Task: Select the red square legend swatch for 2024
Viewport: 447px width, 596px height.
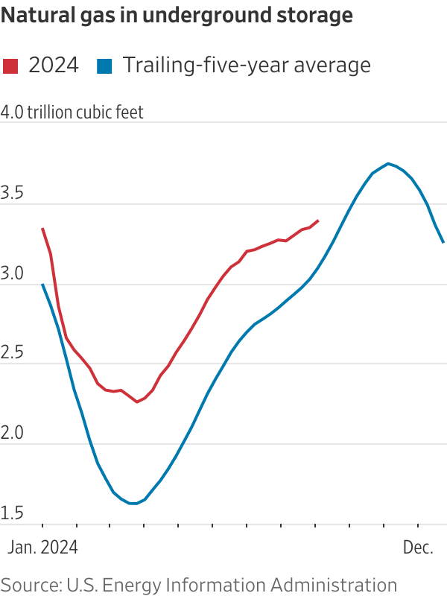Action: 10,66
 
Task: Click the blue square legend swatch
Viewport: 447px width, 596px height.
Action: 104,66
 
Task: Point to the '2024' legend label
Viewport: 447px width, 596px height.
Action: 53,66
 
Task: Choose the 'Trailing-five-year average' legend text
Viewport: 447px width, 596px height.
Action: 247,66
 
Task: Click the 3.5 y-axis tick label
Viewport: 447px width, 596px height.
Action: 13,195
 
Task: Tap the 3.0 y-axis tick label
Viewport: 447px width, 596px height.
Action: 13,275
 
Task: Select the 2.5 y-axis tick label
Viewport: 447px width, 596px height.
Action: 13,355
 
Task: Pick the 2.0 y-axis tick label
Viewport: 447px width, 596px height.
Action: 13,434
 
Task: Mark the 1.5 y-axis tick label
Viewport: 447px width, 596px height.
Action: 13,514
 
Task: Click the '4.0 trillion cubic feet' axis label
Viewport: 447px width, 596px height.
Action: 72,112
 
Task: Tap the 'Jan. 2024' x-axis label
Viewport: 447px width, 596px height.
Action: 42,548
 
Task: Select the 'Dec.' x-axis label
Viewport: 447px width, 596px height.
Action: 418,548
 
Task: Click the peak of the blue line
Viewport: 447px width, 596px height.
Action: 388,163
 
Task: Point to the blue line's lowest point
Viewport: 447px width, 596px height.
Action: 133,504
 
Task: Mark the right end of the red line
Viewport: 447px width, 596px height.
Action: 318,221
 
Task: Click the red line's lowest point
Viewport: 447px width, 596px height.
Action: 137,402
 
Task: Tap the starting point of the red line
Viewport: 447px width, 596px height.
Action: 42,229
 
